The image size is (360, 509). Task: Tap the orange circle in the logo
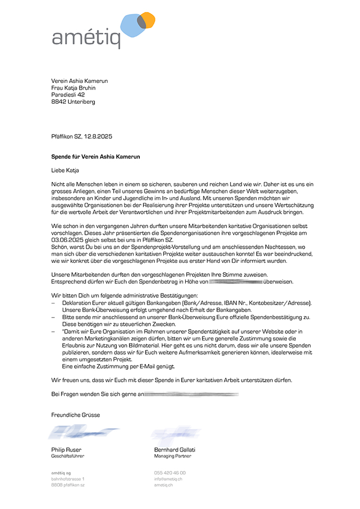pos(148,19)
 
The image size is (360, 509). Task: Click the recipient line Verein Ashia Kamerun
pos(79,81)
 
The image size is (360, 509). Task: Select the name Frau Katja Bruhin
pos(73,88)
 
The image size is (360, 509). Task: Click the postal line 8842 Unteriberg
pos(73,102)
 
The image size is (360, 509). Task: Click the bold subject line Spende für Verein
pos(95,156)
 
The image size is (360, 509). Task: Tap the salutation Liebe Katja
pos(65,170)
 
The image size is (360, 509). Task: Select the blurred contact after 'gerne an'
pos(191,394)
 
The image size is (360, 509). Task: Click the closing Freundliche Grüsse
pos(75,415)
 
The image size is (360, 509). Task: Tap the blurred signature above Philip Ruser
pos(83,432)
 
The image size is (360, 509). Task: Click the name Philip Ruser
pos(66,450)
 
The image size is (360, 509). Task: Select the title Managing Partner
pos(173,456)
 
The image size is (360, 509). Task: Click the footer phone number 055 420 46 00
pos(170,472)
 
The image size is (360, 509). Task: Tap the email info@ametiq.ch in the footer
pos(168,479)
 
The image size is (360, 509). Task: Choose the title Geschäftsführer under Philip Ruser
pos(67,456)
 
